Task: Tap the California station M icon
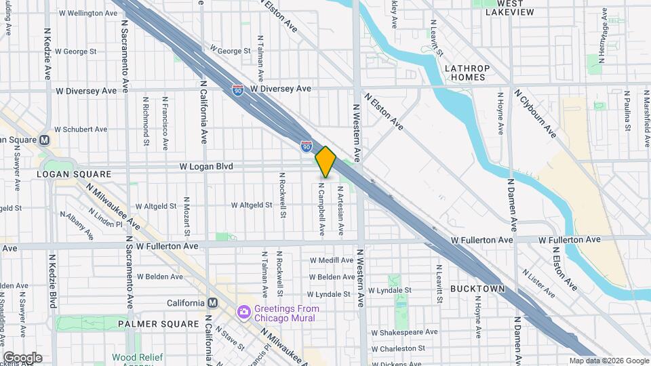[x=212, y=303]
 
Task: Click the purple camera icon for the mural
[x=243, y=311]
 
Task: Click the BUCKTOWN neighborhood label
[x=477, y=289]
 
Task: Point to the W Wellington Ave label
[x=88, y=13]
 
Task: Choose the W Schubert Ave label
[x=81, y=129]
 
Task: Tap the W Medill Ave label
[x=332, y=260]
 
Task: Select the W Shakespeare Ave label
[x=404, y=332]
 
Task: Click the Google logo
[x=22, y=358]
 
